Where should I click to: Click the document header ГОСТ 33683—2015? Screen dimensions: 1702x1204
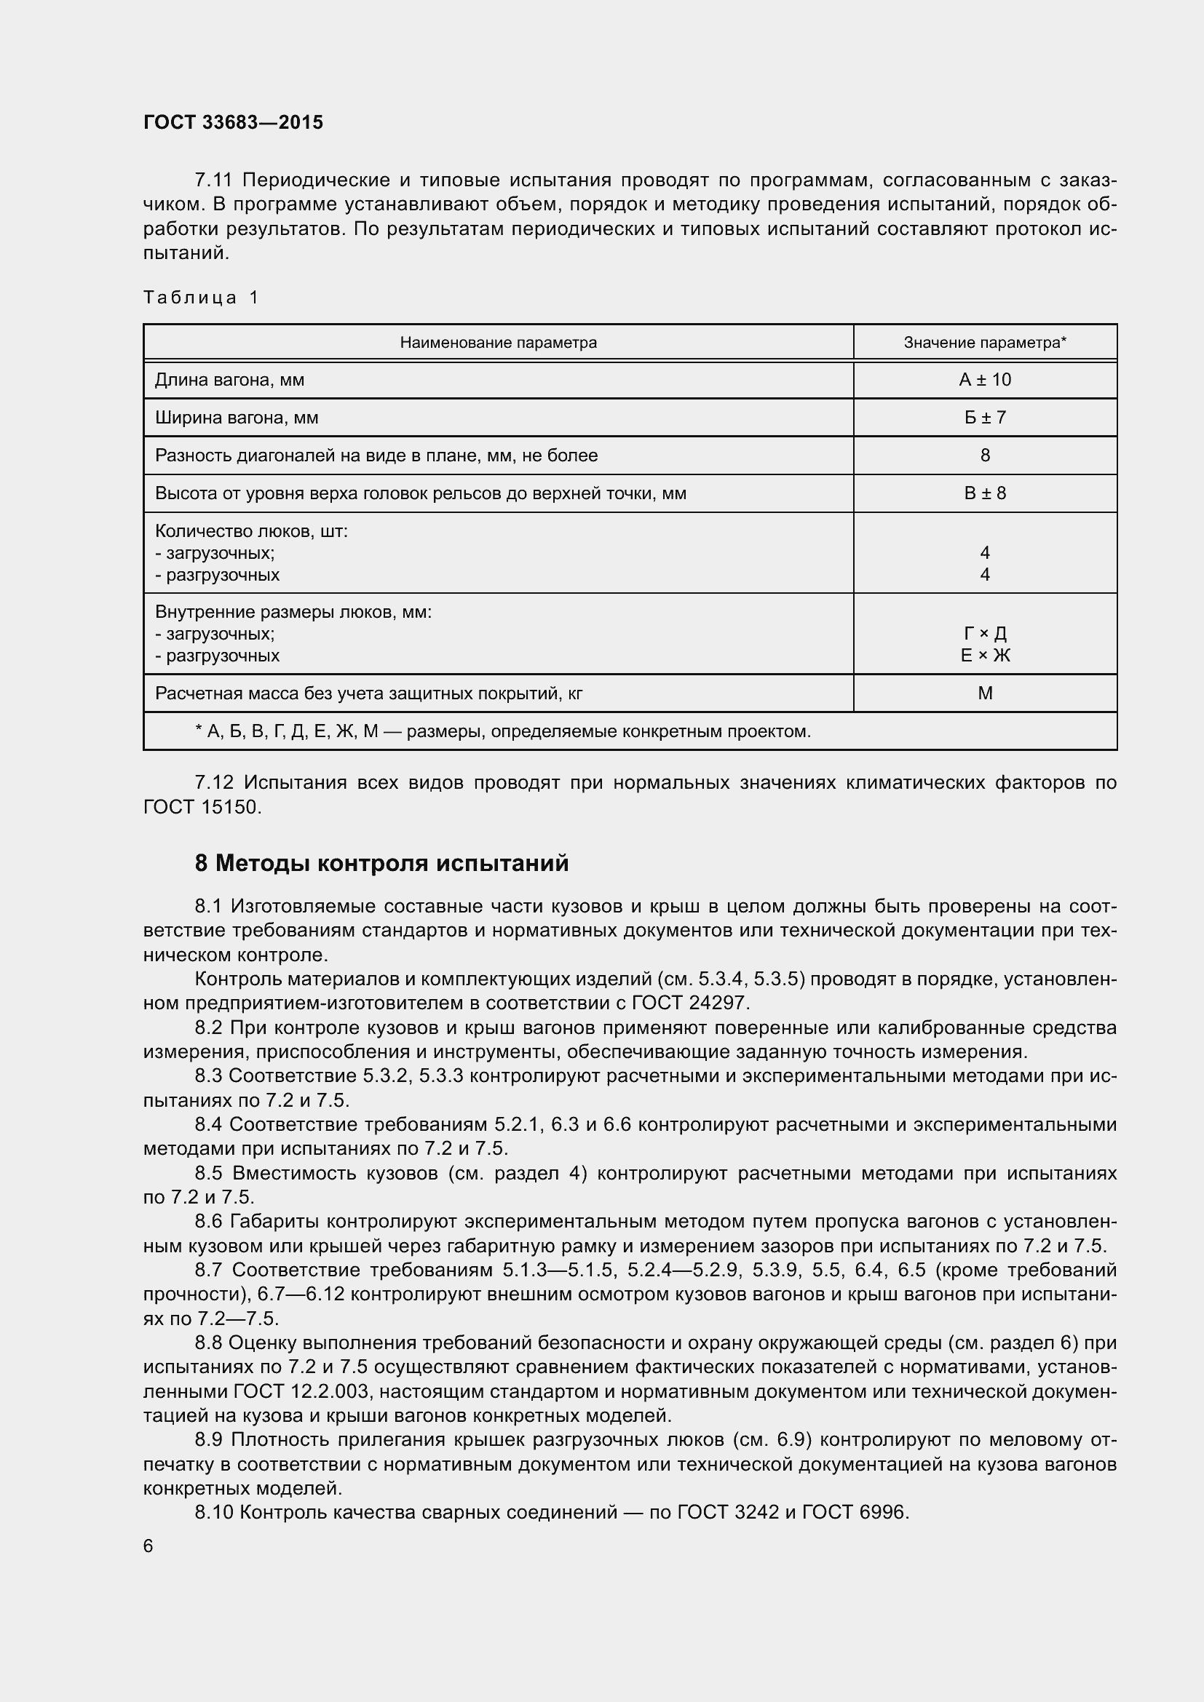(234, 122)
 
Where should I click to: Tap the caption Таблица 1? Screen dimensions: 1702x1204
(201, 298)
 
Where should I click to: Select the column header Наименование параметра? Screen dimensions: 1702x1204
(498, 343)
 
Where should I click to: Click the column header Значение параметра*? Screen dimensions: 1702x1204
(985, 343)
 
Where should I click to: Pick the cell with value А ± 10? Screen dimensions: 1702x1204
(985, 381)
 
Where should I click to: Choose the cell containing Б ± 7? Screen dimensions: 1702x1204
(985, 418)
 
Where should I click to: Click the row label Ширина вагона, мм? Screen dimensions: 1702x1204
(237, 418)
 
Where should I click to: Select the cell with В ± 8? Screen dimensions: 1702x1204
(985, 493)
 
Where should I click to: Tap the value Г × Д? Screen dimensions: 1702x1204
(985, 634)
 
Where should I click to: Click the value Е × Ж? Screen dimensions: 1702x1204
(985, 656)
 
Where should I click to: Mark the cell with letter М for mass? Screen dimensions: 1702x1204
(985, 694)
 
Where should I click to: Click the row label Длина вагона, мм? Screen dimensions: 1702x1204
(230, 381)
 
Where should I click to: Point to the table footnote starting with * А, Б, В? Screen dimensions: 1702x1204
(503, 731)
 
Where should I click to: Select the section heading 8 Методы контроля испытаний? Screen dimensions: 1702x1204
(382, 864)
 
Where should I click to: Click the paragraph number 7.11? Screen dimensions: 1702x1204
(213, 180)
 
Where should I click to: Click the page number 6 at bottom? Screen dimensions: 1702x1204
(148, 1546)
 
